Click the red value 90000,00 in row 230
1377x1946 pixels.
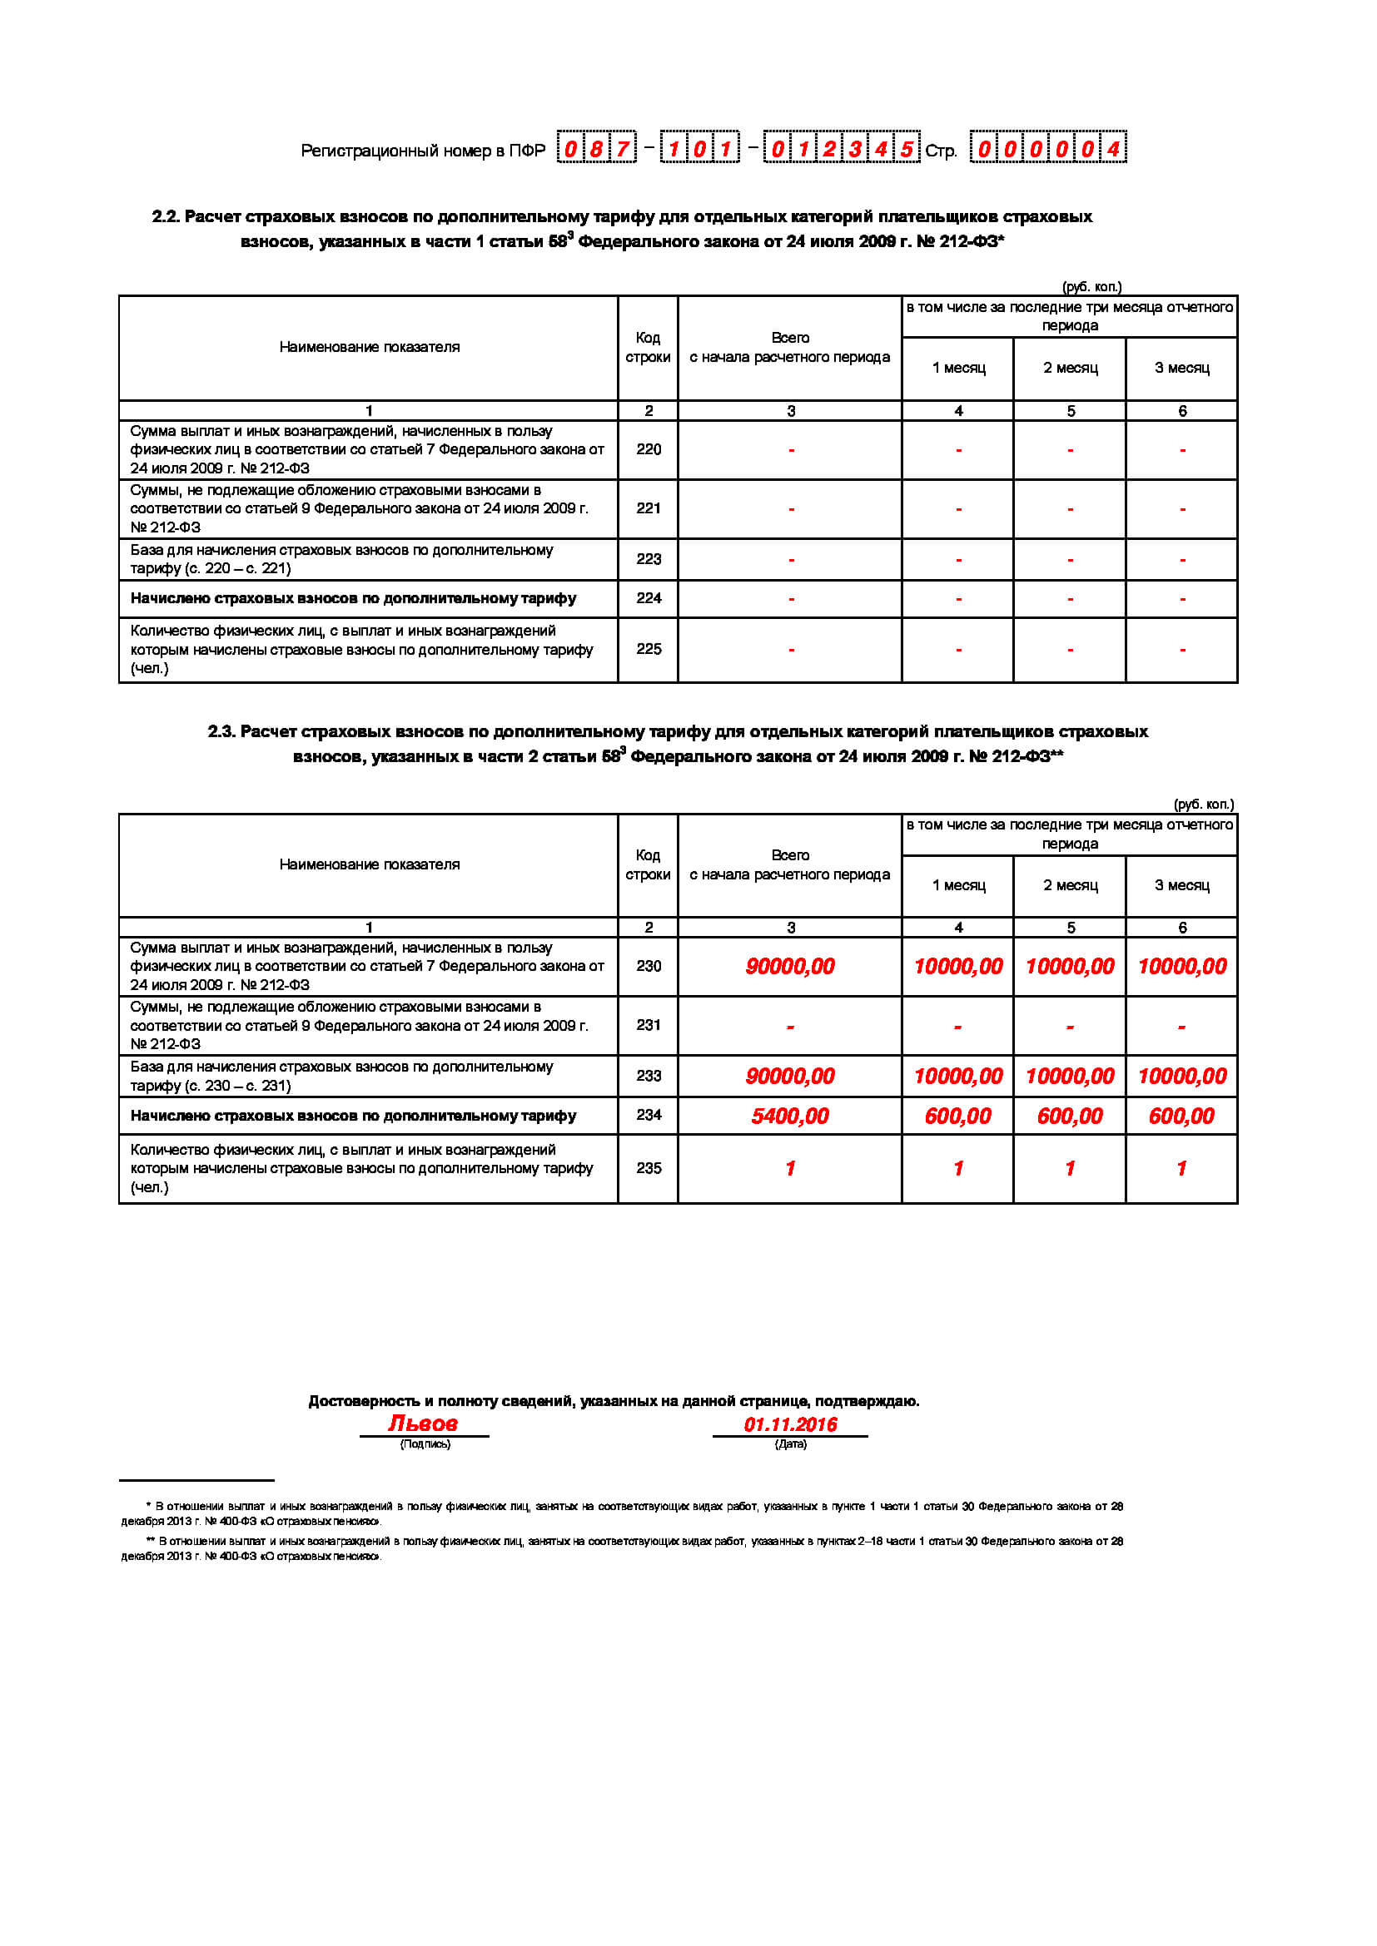pos(789,966)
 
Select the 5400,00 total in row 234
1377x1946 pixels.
pos(789,1117)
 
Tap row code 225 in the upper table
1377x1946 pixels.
pos(649,649)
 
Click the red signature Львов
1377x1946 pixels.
pos(423,1423)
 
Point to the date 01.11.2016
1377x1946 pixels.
pos(790,1424)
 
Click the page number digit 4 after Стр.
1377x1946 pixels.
pos(1113,150)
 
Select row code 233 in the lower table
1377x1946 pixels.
pos(649,1076)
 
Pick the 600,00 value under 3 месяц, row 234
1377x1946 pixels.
pos(1181,1117)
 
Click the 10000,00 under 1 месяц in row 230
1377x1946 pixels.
pos(958,966)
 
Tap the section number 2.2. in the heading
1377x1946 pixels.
pos(167,217)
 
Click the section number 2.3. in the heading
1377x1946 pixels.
pos(222,731)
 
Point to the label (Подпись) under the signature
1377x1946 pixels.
pos(425,1443)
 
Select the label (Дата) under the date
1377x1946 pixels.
pos(790,1443)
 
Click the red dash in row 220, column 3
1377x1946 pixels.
pos(791,450)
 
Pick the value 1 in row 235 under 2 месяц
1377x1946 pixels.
pos(1070,1169)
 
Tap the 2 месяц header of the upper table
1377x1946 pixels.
pos(1070,368)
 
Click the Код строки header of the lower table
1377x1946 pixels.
pos(648,864)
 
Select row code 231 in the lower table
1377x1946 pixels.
pos(649,1025)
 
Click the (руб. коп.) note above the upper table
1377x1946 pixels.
pos(1091,286)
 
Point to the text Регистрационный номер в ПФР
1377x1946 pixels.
pos(422,151)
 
